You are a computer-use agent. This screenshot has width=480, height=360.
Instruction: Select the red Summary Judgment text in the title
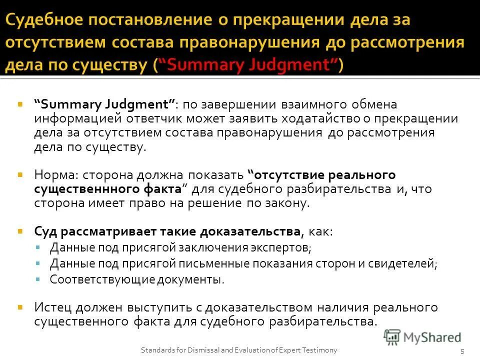pyautogui.click(x=249, y=64)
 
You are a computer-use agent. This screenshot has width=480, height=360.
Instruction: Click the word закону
pyautogui.click(x=285, y=203)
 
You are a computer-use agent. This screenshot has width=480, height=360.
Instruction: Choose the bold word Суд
pyautogui.click(x=45, y=232)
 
